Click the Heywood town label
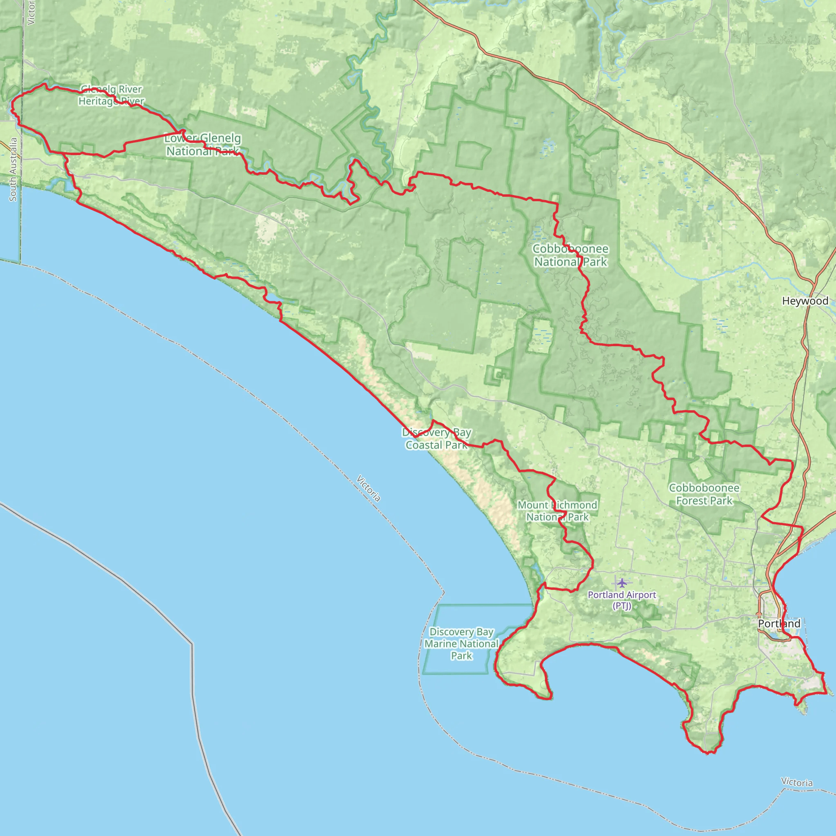click(805, 301)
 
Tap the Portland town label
click(779, 624)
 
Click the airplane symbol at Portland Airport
click(622, 583)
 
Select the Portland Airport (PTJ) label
click(622, 600)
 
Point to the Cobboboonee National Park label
click(570, 255)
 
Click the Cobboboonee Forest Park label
click(704, 494)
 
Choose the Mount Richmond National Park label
click(557, 511)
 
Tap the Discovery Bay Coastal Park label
click(437, 439)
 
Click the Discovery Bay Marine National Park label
click(461, 644)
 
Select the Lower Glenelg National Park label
click(202, 145)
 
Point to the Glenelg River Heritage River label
click(111, 95)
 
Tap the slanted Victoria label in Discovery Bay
click(368, 489)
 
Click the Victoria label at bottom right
click(797, 783)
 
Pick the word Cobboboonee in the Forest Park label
click(704, 488)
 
